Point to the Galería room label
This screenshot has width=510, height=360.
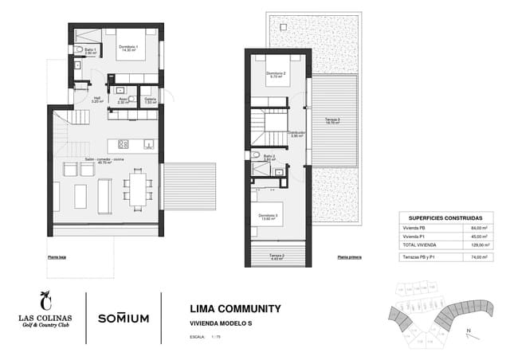click(x=150, y=100)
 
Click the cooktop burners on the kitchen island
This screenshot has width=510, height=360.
click(x=124, y=144)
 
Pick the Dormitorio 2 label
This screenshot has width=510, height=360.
click(x=274, y=75)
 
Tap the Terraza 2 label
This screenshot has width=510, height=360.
click(x=277, y=256)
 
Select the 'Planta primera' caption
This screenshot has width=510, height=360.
click(x=349, y=257)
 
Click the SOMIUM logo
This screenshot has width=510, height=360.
click(x=124, y=318)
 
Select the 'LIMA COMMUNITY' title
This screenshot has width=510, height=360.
click(x=236, y=308)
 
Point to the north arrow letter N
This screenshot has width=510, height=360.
click(x=470, y=328)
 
